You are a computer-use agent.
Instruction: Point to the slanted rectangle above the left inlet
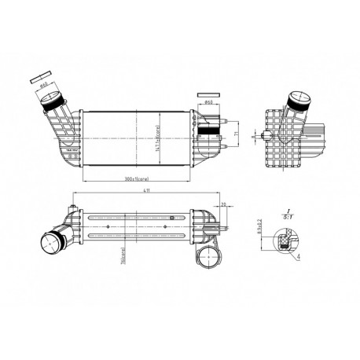[x=38, y=78]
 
